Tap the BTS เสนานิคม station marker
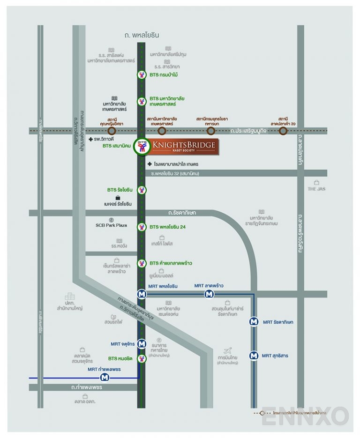pyautogui.click(x=141, y=147)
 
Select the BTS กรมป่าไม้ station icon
pyautogui.click(x=142, y=74)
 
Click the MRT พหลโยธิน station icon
pyautogui.click(x=142, y=294)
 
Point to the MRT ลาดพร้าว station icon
pyautogui.click(x=209, y=294)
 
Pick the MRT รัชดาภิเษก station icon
pyautogui.click(x=254, y=322)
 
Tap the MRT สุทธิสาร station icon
pyautogui.click(x=254, y=356)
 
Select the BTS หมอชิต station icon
pyautogui.click(x=142, y=358)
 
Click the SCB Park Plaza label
pyautogui.click(x=111, y=225)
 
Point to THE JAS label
pyautogui.click(x=316, y=189)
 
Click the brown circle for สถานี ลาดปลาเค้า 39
pyautogui.click(x=283, y=131)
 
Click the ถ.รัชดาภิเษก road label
pyautogui.click(x=182, y=213)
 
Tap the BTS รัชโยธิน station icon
pyautogui.click(x=142, y=190)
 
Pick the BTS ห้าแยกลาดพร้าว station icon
pyautogui.click(x=142, y=263)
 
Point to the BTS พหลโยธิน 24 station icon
pyautogui.click(x=142, y=227)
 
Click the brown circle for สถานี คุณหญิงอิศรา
pyautogui.click(x=112, y=131)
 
